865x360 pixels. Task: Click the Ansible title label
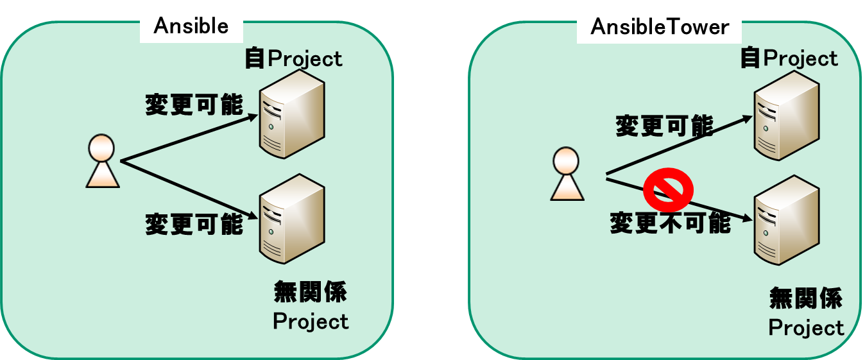(x=191, y=26)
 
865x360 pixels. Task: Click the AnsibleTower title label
(x=660, y=27)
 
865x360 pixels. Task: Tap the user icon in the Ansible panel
(x=103, y=161)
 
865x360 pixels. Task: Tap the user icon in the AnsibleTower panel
(x=567, y=174)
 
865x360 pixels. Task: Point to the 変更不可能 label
(x=670, y=223)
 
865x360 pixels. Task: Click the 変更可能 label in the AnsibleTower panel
(x=664, y=126)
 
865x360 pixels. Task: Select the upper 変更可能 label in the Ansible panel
(x=194, y=105)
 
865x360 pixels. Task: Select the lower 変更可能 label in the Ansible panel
(x=194, y=225)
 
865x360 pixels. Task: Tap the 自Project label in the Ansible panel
(x=293, y=59)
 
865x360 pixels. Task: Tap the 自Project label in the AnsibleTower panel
(x=789, y=58)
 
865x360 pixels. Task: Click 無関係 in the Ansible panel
(x=311, y=293)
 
